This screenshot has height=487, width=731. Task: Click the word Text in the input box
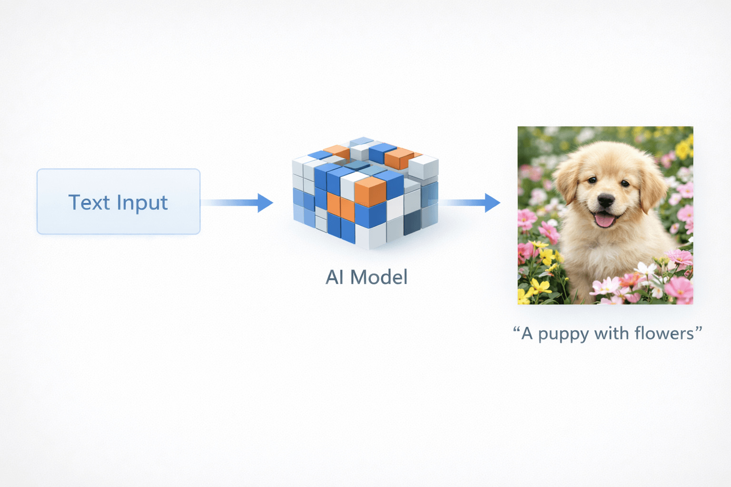pos(89,203)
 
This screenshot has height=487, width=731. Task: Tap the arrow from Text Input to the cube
pos(238,203)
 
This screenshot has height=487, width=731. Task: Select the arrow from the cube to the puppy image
pos(469,203)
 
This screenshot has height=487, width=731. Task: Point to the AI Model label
pos(366,277)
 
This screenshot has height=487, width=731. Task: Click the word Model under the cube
pos(379,277)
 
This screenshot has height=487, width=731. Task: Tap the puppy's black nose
pos(606,200)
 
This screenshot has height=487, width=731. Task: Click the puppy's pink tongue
pos(604,220)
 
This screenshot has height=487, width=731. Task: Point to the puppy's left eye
pos(592,180)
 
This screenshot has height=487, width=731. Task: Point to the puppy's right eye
pos(625,183)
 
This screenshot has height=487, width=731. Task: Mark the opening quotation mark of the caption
pos(516,329)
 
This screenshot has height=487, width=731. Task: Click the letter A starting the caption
pos(526,333)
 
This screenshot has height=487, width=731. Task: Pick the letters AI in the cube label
pos(335,277)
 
